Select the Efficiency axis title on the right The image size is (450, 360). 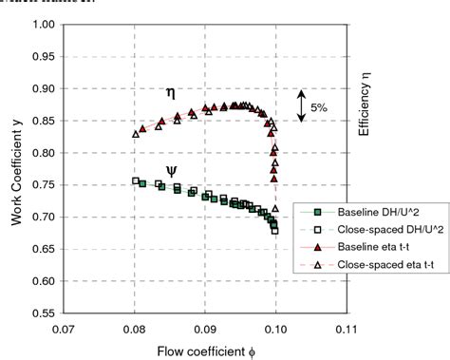(365, 104)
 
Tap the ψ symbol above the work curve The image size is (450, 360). (171, 160)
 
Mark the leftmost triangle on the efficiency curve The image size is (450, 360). (136, 134)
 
